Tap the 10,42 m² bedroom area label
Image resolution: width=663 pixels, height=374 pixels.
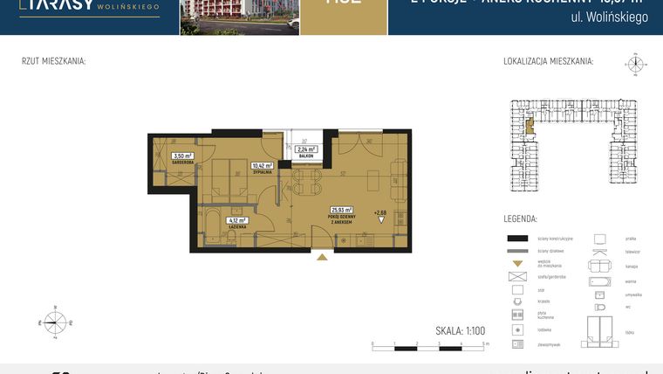[x=263, y=165]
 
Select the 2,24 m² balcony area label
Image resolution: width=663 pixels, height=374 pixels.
[x=306, y=149]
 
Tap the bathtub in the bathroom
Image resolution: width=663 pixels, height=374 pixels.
[x=212, y=225]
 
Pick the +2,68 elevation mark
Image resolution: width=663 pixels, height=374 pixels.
[x=379, y=212]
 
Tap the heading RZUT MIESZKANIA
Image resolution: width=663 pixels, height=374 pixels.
[x=53, y=61]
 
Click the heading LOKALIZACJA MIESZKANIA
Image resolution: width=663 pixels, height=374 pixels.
[x=548, y=61]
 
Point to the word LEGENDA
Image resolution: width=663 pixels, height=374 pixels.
[x=520, y=218]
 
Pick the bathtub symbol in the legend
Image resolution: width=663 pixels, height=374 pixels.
[x=601, y=281]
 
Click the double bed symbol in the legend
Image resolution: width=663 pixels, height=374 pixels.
[x=601, y=329]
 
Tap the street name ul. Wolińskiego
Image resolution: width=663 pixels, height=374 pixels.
[x=609, y=17]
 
